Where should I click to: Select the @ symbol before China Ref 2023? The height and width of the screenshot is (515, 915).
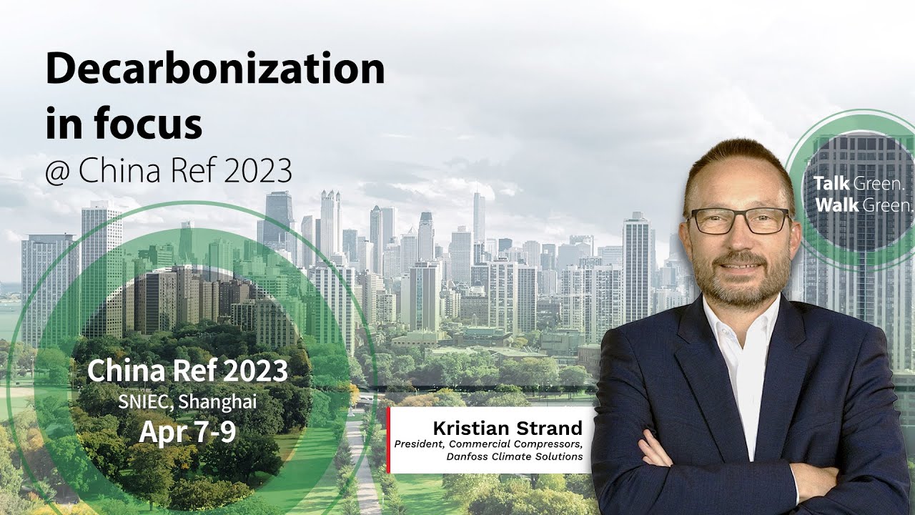[59, 172]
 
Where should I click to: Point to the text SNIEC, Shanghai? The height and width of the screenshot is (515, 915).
[187, 402]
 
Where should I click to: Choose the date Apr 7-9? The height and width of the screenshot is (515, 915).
[187, 431]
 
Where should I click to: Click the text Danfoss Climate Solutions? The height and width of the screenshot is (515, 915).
[515, 456]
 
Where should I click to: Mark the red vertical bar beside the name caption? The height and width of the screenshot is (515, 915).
[388, 440]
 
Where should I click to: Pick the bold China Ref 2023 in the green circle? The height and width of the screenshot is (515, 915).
[187, 371]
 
